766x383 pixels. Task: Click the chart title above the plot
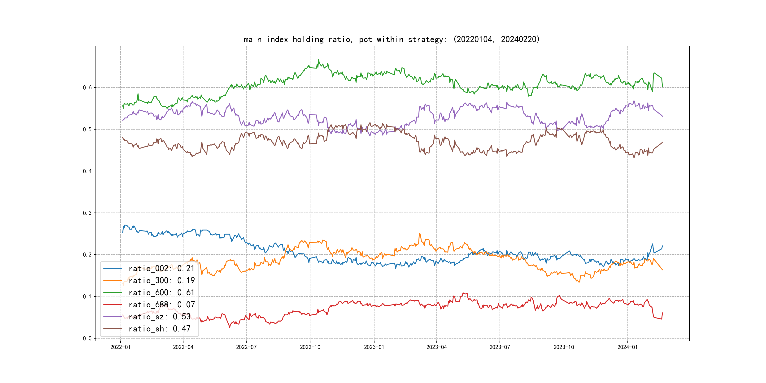391,39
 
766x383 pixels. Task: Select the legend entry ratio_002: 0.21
161,269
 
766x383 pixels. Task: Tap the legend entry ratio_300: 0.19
161,280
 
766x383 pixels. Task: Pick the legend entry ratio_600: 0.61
161,293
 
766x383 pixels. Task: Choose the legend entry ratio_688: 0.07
161,305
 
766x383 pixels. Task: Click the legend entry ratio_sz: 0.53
159,317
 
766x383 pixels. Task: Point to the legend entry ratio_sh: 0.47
159,329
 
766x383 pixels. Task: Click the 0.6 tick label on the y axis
87,87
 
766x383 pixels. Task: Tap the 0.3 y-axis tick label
87,213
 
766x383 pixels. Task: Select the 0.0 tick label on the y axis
87,338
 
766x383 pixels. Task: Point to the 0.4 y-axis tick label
87,171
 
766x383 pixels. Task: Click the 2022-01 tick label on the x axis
120,347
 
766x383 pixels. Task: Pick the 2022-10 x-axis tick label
310,347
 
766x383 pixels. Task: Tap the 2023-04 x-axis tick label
436,347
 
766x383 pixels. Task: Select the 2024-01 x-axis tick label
627,347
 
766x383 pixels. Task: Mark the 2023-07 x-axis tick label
500,347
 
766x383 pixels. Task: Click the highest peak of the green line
318,60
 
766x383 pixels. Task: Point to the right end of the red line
662,313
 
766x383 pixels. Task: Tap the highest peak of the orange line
420,234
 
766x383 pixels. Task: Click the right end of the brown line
662,142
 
